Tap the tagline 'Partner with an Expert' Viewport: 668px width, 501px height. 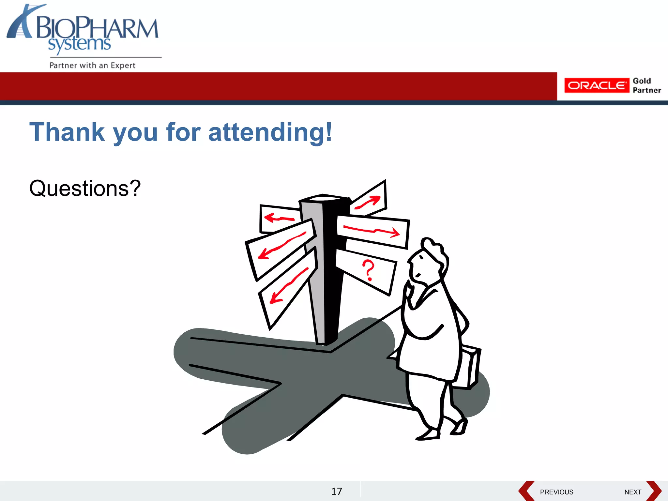(92, 65)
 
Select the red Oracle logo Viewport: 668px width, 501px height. (596, 85)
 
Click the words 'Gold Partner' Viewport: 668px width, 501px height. (646, 85)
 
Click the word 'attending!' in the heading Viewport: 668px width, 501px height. (270, 132)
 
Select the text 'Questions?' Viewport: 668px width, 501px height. (85, 188)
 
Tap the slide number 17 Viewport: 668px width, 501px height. (337, 491)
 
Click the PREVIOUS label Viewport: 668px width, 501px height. (556, 492)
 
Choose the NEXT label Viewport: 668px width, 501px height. (633, 492)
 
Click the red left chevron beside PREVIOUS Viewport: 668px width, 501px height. (526, 491)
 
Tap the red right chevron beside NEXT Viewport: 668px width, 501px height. (654, 491)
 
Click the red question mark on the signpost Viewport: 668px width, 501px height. (369, 270)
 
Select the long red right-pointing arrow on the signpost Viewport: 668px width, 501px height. (372, 231)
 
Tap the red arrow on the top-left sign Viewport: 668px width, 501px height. (279, 218)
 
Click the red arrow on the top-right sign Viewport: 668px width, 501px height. (368, 202)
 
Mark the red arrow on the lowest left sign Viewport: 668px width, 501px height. (289, 285)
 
